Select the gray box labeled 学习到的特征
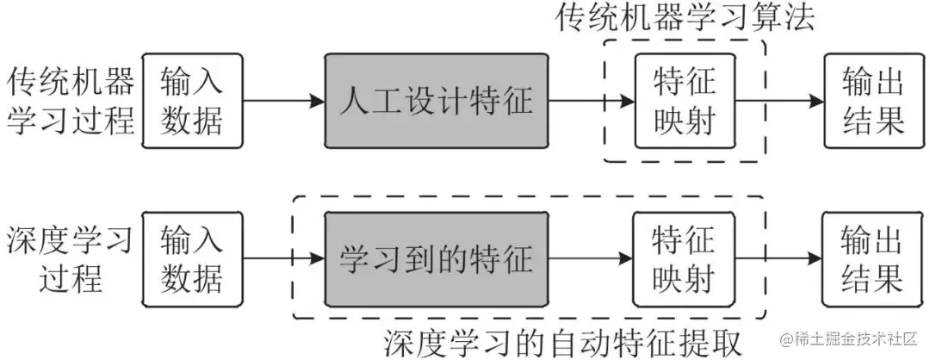click(437, 258)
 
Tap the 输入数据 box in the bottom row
click(191, 258)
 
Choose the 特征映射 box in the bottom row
click(685, 258)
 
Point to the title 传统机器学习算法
click(685, 18)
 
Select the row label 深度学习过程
click(69, 258)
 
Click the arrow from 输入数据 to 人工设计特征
click(284, 102)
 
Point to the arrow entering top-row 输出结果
click(779, 102)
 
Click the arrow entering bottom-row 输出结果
click(779, 258)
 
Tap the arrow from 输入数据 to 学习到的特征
click(284, 258)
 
